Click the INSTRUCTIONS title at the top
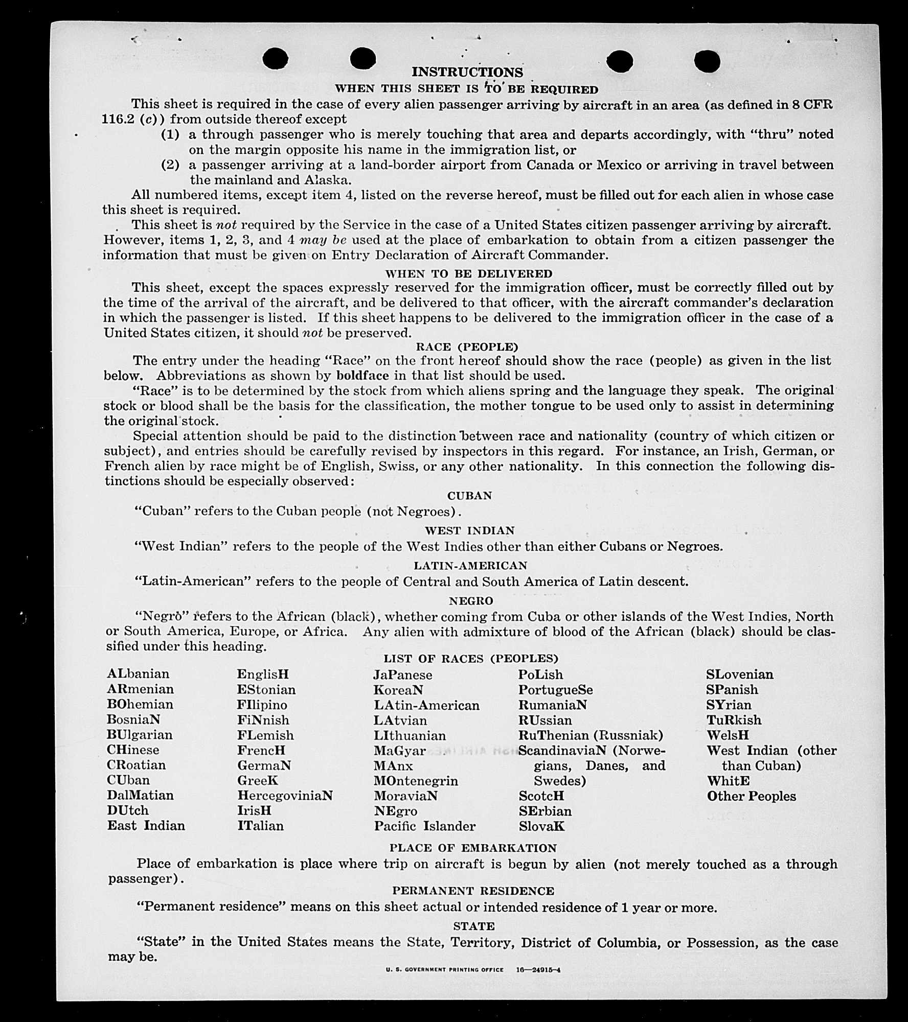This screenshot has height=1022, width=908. (467, 72)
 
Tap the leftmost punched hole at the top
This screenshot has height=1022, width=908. (275, 58)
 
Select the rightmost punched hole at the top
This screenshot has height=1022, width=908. (707, 61)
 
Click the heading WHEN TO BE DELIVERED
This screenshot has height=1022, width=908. (468, 274)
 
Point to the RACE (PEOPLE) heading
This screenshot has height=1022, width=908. (467, 347)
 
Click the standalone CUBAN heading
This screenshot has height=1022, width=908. (469, 496)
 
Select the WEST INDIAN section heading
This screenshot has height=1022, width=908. (469, 530)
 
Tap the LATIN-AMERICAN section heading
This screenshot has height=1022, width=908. (470, 566)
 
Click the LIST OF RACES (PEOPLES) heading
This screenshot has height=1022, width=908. (471, 659)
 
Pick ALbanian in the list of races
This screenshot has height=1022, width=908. (138, 674)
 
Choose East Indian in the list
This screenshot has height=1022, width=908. (146, 826)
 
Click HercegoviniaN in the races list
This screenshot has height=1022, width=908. (285, 796)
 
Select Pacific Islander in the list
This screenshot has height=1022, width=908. (424, 826)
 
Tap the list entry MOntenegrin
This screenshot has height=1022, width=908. (416, 781)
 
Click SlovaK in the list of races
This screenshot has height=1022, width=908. (541, 826)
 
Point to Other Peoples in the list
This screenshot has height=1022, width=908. (751, 796)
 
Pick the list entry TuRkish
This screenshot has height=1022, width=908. (734, 720)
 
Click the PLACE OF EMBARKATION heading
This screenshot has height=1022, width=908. (473, 848)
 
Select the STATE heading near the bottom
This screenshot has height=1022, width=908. (473, 926)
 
